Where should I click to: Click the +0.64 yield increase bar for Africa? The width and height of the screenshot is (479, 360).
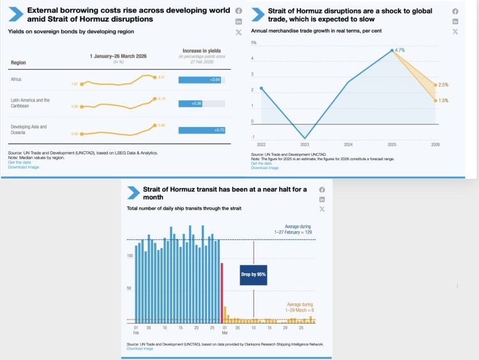[200, 80]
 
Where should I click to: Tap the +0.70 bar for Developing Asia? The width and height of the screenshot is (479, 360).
[201, 130]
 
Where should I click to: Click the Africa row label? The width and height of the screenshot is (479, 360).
[17, 80]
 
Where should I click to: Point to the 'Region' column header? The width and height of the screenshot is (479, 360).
[18, 63]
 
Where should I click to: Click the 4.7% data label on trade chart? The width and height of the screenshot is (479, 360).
[400, 50]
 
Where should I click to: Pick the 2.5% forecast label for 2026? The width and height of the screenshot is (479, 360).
[444, 85]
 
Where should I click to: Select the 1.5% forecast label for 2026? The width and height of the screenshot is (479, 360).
[444, 100]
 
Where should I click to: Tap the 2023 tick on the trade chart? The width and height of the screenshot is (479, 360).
[305, 144]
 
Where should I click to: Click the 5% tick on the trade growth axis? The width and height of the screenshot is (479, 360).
[254, 43]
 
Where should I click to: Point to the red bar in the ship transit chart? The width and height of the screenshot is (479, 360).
[222, 291]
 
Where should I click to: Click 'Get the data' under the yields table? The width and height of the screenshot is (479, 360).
[19, 162]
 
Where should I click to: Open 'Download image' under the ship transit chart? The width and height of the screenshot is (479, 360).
[140, 349]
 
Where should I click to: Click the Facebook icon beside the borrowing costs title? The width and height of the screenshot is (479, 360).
[238, 11]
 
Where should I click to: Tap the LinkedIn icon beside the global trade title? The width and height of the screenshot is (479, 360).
[455, 22]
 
